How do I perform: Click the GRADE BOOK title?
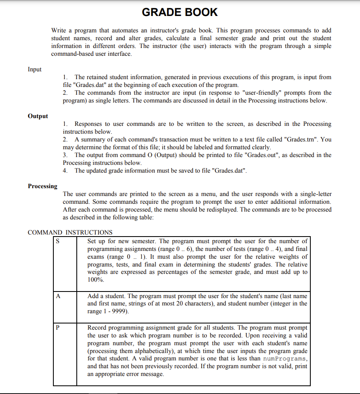coord(180,12)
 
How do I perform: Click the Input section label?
coord(34,69)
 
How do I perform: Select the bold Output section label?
coord(38,116)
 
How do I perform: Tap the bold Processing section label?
coord(43,186)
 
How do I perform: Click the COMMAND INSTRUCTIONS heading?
coord(70,232)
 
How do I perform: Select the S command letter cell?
coord(58,241)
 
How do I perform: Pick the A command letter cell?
coord(58,296)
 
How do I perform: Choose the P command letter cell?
coord(58,328)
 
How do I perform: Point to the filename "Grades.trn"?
coord(303,139)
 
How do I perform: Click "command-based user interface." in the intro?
coord(92,54)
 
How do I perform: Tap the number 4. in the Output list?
coord(66,171)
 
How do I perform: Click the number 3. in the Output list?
coord(66,155)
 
